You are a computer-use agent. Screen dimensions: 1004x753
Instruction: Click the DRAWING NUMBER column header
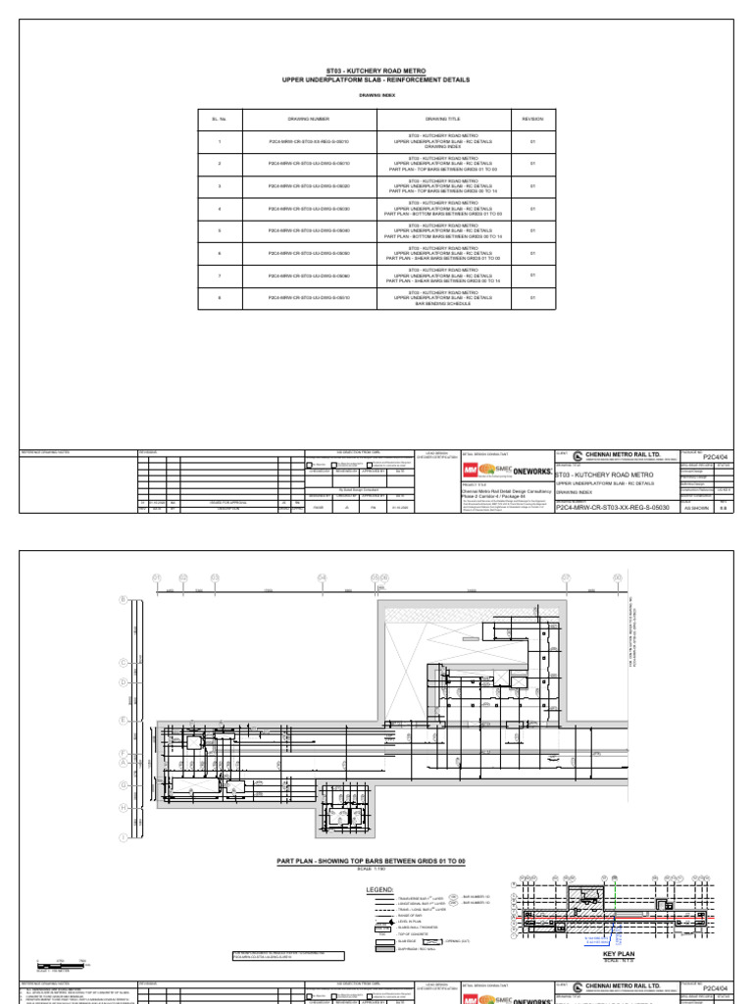309,119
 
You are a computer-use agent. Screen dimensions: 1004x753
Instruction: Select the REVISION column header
532,119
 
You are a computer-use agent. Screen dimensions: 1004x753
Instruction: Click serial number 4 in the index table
220,209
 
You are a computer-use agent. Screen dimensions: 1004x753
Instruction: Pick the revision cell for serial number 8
532,298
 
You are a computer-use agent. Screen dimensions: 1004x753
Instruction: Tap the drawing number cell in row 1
309,141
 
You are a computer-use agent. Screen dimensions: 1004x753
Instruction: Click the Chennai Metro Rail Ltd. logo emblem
577,455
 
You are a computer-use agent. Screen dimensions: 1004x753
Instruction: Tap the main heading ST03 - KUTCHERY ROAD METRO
376,73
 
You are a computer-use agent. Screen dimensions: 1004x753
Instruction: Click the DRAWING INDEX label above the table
376,95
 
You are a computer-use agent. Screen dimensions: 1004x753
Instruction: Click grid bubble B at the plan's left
123,599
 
